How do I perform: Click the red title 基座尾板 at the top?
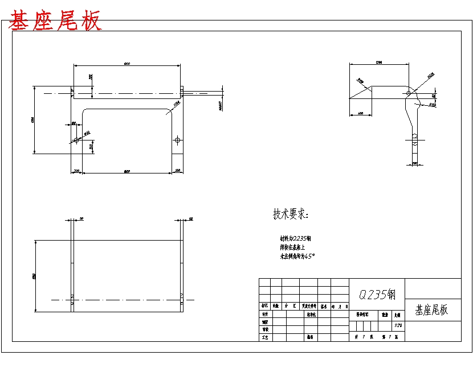point(55,21)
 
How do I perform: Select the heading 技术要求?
point(290,214)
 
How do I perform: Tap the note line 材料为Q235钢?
point(295,238)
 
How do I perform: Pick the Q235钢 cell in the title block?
point(376,294)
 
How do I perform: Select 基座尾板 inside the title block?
point(431,310)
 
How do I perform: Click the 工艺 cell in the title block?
point(264,337)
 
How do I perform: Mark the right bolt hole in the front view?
point(178,140)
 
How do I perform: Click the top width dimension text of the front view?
point(127,64)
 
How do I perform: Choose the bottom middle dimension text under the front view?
point(127,171)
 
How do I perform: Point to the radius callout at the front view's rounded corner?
point(177,104)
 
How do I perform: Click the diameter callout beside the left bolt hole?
point(87,134)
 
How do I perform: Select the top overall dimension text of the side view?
point(378,61)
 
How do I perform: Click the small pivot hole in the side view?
point(408,92)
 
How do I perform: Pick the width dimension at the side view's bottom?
point(414,163)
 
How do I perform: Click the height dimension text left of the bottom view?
point(34,276)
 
